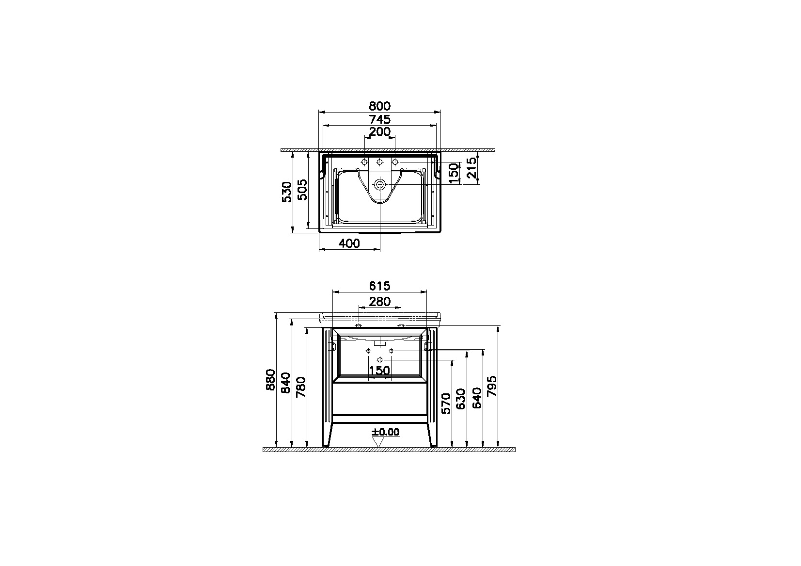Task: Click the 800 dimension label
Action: coord(379,106)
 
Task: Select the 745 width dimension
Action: coord(379,119)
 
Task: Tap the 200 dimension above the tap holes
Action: coord(379,132)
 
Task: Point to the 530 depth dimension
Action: coord(287,192)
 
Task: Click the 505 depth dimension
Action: coord(302,190)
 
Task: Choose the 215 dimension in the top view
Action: coord(472,167)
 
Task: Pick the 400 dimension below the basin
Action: coord(349,243)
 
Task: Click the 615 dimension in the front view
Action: coord(379,286)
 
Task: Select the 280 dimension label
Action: coord(379,302)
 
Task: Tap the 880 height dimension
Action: coord(271,379)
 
